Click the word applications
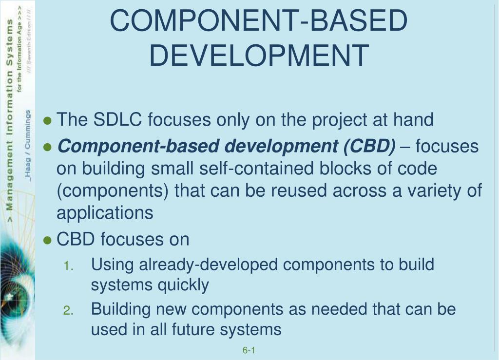click(x=105, y=213)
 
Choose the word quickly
click(x=183, y=284)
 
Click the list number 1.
click(x=69, y=266)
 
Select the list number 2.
click(x=69, y=310)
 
